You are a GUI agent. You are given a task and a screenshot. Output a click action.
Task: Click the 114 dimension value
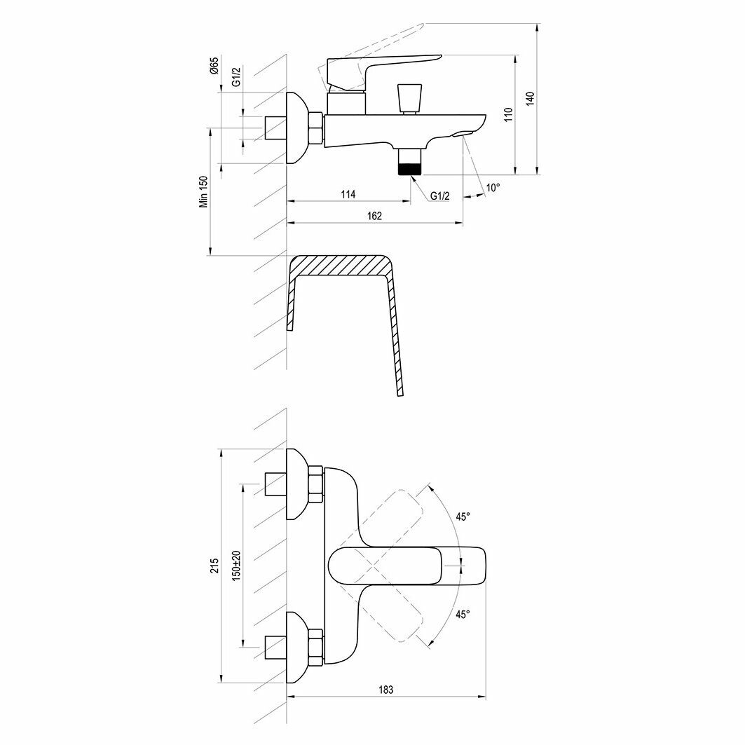click(348, 194)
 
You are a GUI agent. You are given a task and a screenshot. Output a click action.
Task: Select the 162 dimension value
click(375, 216)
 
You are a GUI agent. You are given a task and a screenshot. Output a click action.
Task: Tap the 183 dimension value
click(385, 690)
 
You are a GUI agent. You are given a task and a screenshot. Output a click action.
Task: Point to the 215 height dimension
click(214, 566)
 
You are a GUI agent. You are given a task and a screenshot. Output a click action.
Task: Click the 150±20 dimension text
click(236, 565)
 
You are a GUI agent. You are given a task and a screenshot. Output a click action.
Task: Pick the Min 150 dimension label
click(205, 191)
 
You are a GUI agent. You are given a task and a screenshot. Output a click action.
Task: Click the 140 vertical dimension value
click(531, 99)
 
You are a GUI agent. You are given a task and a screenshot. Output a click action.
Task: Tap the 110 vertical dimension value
click(509, 114)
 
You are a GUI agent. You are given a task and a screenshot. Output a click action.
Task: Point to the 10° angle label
click(493, 188)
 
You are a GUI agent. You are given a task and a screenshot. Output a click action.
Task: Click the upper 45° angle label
click(463, 517)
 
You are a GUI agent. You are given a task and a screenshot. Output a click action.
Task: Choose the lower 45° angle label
click(463, 614)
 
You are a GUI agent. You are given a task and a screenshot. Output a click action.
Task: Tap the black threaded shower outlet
click(409, 168)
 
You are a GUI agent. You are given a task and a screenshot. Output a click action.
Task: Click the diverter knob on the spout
click(409, 97)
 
